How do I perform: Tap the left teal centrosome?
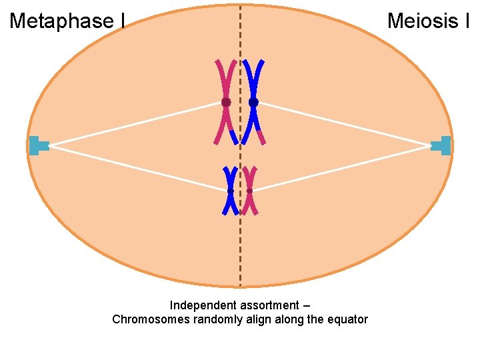coord(37,145)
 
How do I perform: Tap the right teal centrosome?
coord(442,145)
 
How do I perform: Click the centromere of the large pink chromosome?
coord(226,102)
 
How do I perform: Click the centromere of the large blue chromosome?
coord(253,102)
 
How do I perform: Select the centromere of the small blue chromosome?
coord(230,191)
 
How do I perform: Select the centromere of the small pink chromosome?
coord(249,191)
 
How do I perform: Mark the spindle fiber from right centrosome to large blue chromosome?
coord(343,124)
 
